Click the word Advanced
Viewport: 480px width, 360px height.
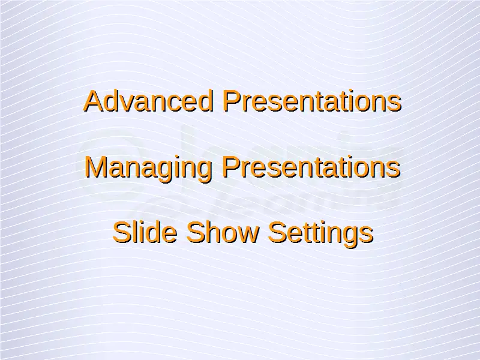(x=148, y=101)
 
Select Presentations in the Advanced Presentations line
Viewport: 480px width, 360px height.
(x=312, y=101)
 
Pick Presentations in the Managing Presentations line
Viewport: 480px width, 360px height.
(x=311, y=167)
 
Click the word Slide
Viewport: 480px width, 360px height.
(x=145, y=232)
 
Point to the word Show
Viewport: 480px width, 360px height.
(x=223, y=232)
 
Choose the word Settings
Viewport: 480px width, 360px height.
(x=320, y=234)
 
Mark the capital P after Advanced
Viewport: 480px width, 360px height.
(x=232, y=101)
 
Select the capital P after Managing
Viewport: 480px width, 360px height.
(x=230, y=167)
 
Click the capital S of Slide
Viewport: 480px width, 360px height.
(x=122, y=232)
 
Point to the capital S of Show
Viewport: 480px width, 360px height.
(x=196, y=232)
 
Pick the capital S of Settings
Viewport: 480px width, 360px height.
(x=277, y=232)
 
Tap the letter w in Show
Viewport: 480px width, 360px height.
(x=248, y=235)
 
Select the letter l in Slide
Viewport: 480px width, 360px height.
(x=136, y=232)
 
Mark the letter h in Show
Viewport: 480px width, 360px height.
(x=214, y=232)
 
